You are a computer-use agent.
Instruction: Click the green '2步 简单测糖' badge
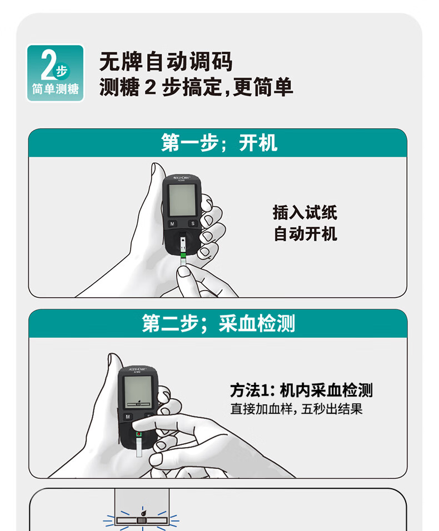point(56,73)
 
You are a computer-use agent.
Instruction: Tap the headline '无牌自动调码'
point(166,62)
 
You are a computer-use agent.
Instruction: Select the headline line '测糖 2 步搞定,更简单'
point(196,88)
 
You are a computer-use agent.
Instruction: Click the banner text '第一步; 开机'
point(219,143)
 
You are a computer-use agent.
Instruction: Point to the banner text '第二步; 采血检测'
point(218,324)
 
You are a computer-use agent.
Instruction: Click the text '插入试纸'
point(305,212)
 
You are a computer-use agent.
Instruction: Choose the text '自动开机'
point(305,234)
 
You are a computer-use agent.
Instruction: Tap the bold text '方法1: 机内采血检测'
point(301,390)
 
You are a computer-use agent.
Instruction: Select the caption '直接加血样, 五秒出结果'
point(296,410)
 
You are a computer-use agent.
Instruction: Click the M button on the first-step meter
point(172,224)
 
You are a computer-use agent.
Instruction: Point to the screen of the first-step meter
point(182,198)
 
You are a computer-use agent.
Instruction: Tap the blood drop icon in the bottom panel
point(143,515)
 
